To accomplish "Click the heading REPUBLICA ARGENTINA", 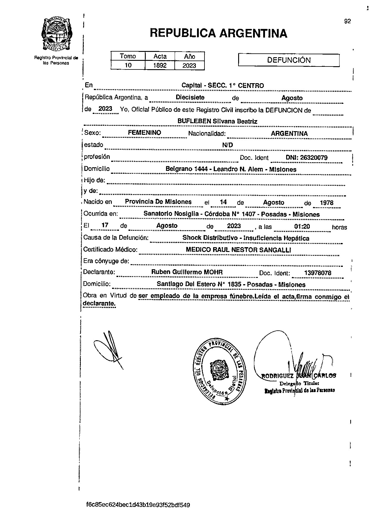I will (x=218, y=33).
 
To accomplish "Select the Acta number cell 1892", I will (x=160, y=65).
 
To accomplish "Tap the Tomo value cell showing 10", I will (x=128, y=65).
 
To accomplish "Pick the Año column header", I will (x=190, y=56).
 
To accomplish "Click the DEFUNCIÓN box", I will (x=289, y=60).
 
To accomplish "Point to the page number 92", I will (x=348, y=21).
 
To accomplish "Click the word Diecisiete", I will (x=190, y=97).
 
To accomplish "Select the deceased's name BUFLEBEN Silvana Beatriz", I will (x=217, y=121).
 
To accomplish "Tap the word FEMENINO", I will (x=145, y=133).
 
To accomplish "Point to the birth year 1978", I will (x=326, y=203).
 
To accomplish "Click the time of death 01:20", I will (x=302, y=227).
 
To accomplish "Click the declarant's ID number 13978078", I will (x=317, y=273).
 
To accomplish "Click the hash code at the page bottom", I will (x=138, y=505).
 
